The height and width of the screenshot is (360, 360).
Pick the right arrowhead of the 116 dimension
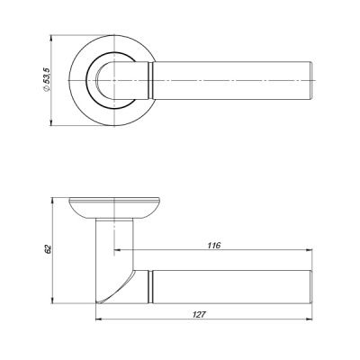point(310,251)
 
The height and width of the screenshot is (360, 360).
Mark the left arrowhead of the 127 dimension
point(97,322)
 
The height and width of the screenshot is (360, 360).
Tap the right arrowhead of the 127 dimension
point(310,322)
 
